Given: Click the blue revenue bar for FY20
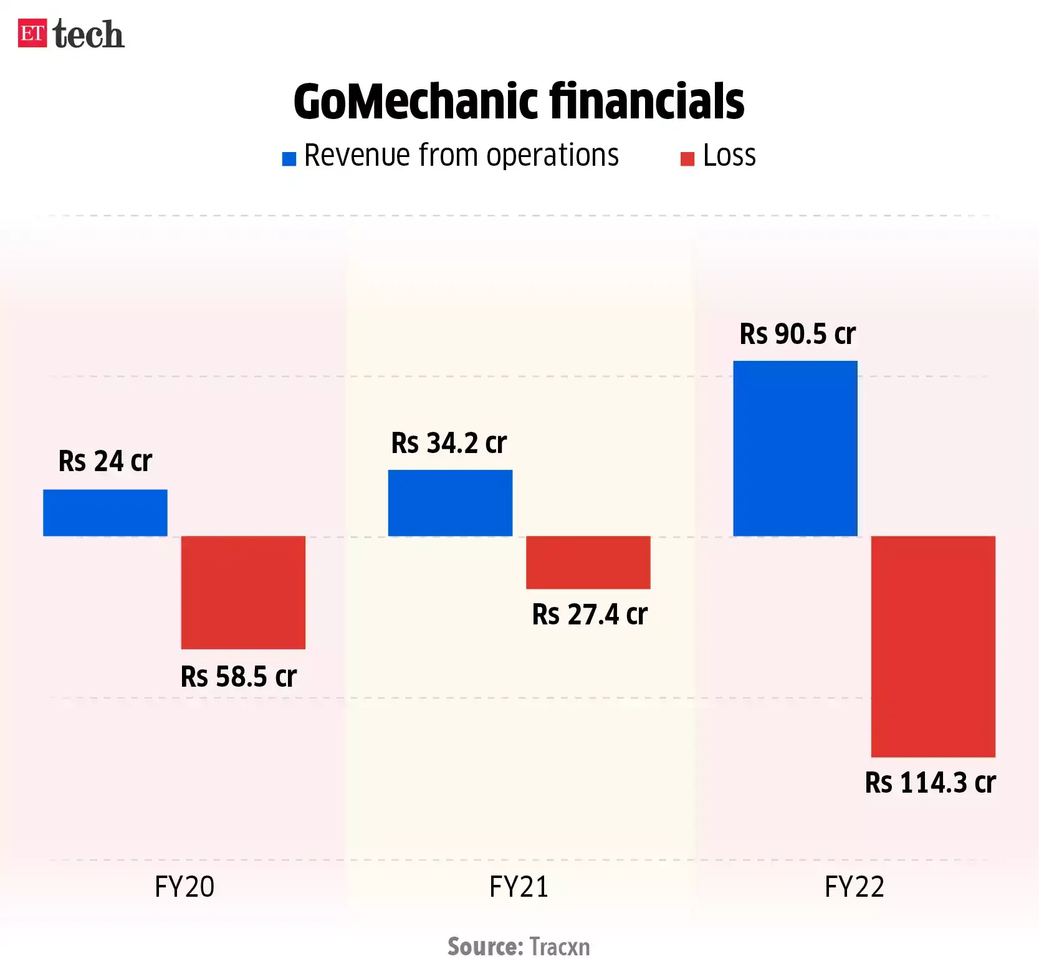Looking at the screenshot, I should [105, 512].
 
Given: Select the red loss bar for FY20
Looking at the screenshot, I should [243, 592].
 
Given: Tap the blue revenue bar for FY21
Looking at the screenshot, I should [450, 502].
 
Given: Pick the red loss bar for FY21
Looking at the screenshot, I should [588, 562].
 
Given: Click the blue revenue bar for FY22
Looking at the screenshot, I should [795, 448].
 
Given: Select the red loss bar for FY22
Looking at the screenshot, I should [932, 646].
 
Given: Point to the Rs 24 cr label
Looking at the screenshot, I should [105, 461].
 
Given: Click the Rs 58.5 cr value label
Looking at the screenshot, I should [238, 677].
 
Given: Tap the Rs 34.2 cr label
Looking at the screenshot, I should [449, 443].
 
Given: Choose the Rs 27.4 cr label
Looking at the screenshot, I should [590, 614].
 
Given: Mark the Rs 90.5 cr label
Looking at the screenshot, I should [797, 334].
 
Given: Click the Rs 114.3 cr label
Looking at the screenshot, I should [930, 783].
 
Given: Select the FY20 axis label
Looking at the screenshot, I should [184, 886].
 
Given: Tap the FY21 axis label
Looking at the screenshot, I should [519, 886].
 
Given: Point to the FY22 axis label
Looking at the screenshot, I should [854, 886].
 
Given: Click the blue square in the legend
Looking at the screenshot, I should [289, 159].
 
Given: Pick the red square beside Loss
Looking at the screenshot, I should [687, 159].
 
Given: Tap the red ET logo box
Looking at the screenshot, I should [32, 33].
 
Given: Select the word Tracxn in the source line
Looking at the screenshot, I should [559, 947].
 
